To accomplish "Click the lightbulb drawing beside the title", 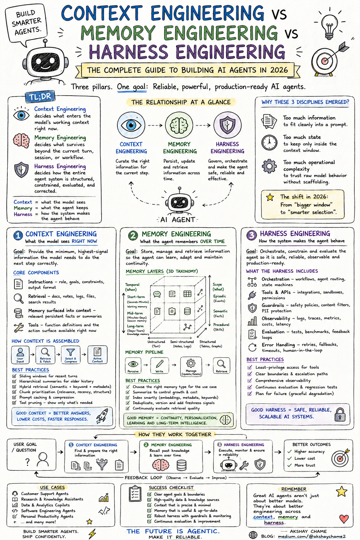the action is (x=330, y=26).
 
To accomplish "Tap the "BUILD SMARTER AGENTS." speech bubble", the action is (x=26, y=24).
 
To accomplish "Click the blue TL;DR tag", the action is (x=40, y=97).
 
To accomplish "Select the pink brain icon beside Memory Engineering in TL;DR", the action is (x=21, y=141).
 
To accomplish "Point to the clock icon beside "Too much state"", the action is (x=269, y=143).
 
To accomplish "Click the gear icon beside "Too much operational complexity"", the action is (x=269, y=166).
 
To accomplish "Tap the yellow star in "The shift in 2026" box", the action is (x=270, y=197).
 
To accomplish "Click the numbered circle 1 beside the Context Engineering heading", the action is (x=18, y=235).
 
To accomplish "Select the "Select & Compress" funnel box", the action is (x=70, y=355).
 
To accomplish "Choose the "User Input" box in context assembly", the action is (x=20, y=355).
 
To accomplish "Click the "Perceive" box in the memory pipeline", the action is (x=133, y=366).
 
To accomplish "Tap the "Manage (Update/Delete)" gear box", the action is (x=191, y=367).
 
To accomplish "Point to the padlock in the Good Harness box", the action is (x=340, y=414).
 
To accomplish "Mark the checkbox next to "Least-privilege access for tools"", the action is (x=250, y=367).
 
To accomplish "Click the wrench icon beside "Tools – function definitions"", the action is (x=19, y=328).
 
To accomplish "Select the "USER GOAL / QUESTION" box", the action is (x=31, y=455).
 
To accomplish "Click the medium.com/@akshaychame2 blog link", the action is (x=311, y=536).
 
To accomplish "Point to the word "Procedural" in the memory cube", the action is (x=221, y=325).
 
